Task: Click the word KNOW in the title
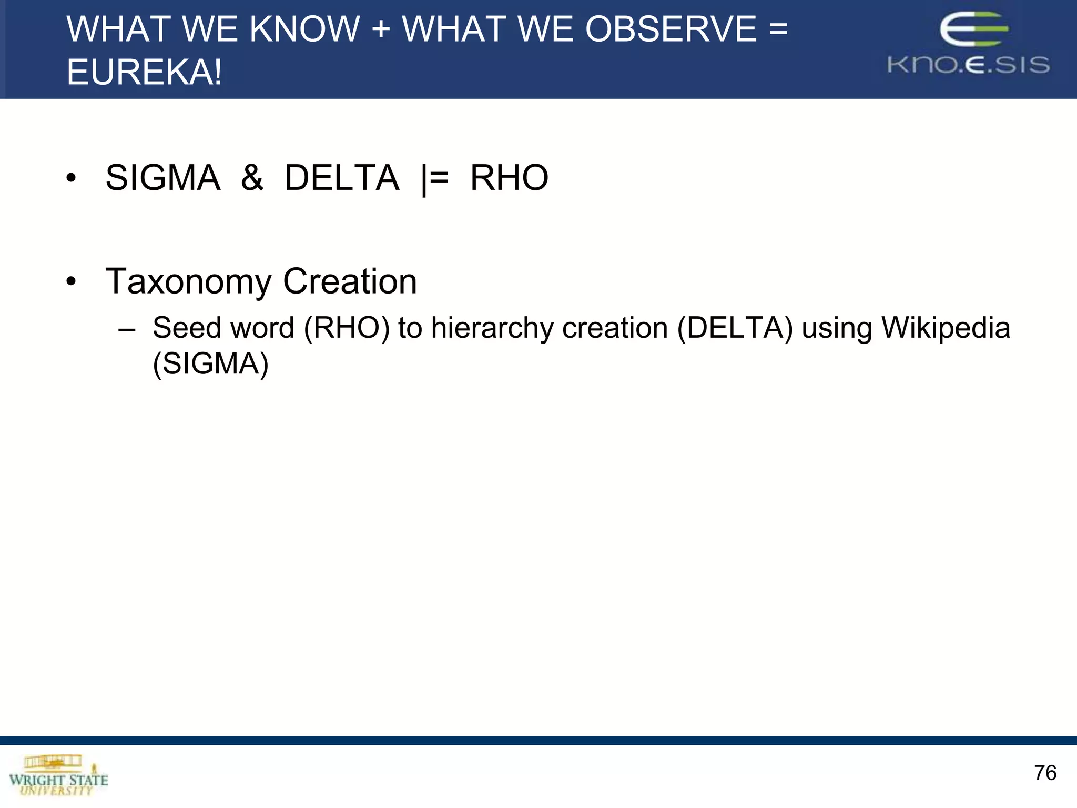click(304, 29)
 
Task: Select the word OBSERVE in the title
click(671, 29)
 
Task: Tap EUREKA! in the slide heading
click(144, 72)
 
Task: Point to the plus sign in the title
click(381, 30)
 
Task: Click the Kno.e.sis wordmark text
click(968, 65)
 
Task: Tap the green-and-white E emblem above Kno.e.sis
click(973, 29)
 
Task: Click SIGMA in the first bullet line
click(163, 178)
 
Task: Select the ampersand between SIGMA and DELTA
click(252, 178)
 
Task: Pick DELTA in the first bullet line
click(342, 178)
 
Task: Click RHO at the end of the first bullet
click(509, 178)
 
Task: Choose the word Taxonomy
click(188, 282)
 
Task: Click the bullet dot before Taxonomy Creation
click(71, 282)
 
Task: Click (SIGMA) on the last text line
click(210, 363)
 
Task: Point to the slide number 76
click(1045, 773)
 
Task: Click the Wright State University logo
click(58, 775)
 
